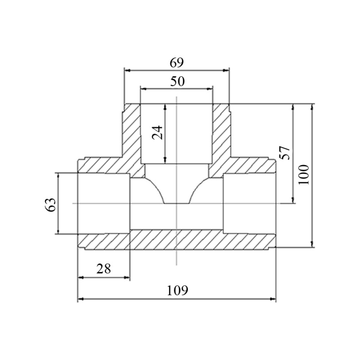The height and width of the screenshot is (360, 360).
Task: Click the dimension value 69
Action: [177, 63]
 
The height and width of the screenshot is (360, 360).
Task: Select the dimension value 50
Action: [177, 81]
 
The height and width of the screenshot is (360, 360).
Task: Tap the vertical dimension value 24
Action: [158, 133]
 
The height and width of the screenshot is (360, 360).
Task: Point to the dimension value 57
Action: [285, 153]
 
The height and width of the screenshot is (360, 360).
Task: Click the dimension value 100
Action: [304, 175]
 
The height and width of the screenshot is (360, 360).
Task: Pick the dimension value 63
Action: [50, 205]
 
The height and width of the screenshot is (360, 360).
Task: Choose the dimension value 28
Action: [104, 269]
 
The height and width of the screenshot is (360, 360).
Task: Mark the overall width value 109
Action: [177, 291]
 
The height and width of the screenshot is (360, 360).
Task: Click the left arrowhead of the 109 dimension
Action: [80, 299]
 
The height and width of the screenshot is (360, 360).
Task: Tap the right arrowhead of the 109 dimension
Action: [273, 299]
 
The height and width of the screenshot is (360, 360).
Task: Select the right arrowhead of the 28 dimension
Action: [127, 277]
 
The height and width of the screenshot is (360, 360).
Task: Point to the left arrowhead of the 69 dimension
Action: [127, 70]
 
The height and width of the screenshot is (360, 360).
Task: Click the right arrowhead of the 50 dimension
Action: [210, 89]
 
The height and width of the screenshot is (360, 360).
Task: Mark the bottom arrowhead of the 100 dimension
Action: [312, 244]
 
